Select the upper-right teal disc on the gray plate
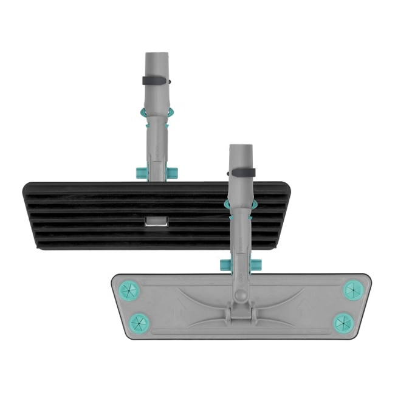tap(352, 290)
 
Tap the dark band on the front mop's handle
tap(242, 173)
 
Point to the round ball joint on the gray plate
tap(241, 296)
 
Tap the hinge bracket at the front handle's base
tap(241, 313)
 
